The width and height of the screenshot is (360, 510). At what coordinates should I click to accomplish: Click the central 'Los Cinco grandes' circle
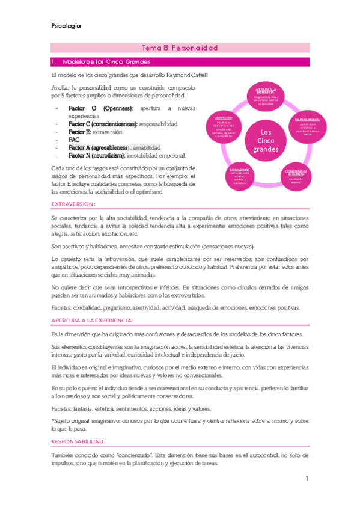261,140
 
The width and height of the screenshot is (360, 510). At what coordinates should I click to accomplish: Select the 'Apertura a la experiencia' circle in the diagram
261,96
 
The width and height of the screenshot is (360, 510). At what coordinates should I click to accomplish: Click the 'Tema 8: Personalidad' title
179,48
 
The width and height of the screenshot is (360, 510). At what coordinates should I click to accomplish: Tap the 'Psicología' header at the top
67,26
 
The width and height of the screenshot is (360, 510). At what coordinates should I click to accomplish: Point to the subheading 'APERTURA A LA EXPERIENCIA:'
93,321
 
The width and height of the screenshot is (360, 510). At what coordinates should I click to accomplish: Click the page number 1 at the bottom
306,478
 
